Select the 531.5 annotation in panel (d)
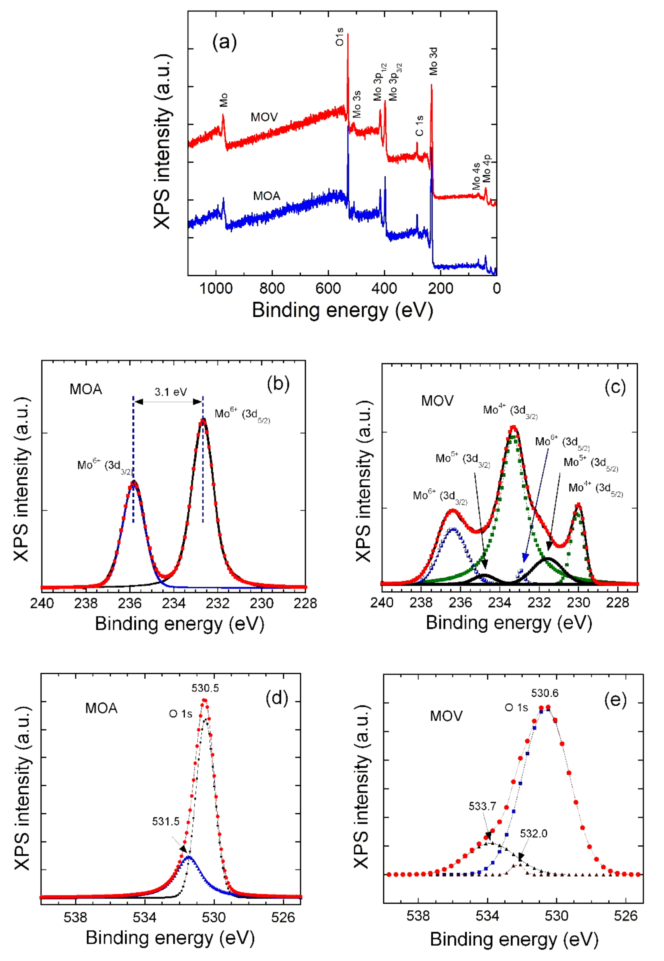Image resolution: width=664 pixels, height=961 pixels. click(x=166, y=821)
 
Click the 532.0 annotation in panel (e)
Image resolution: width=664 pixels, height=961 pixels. click(x=533, y=833)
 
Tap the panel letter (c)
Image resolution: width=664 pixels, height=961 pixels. click(x=614, y=387)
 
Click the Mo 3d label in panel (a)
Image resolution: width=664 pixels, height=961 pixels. click(x=434, y=61)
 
